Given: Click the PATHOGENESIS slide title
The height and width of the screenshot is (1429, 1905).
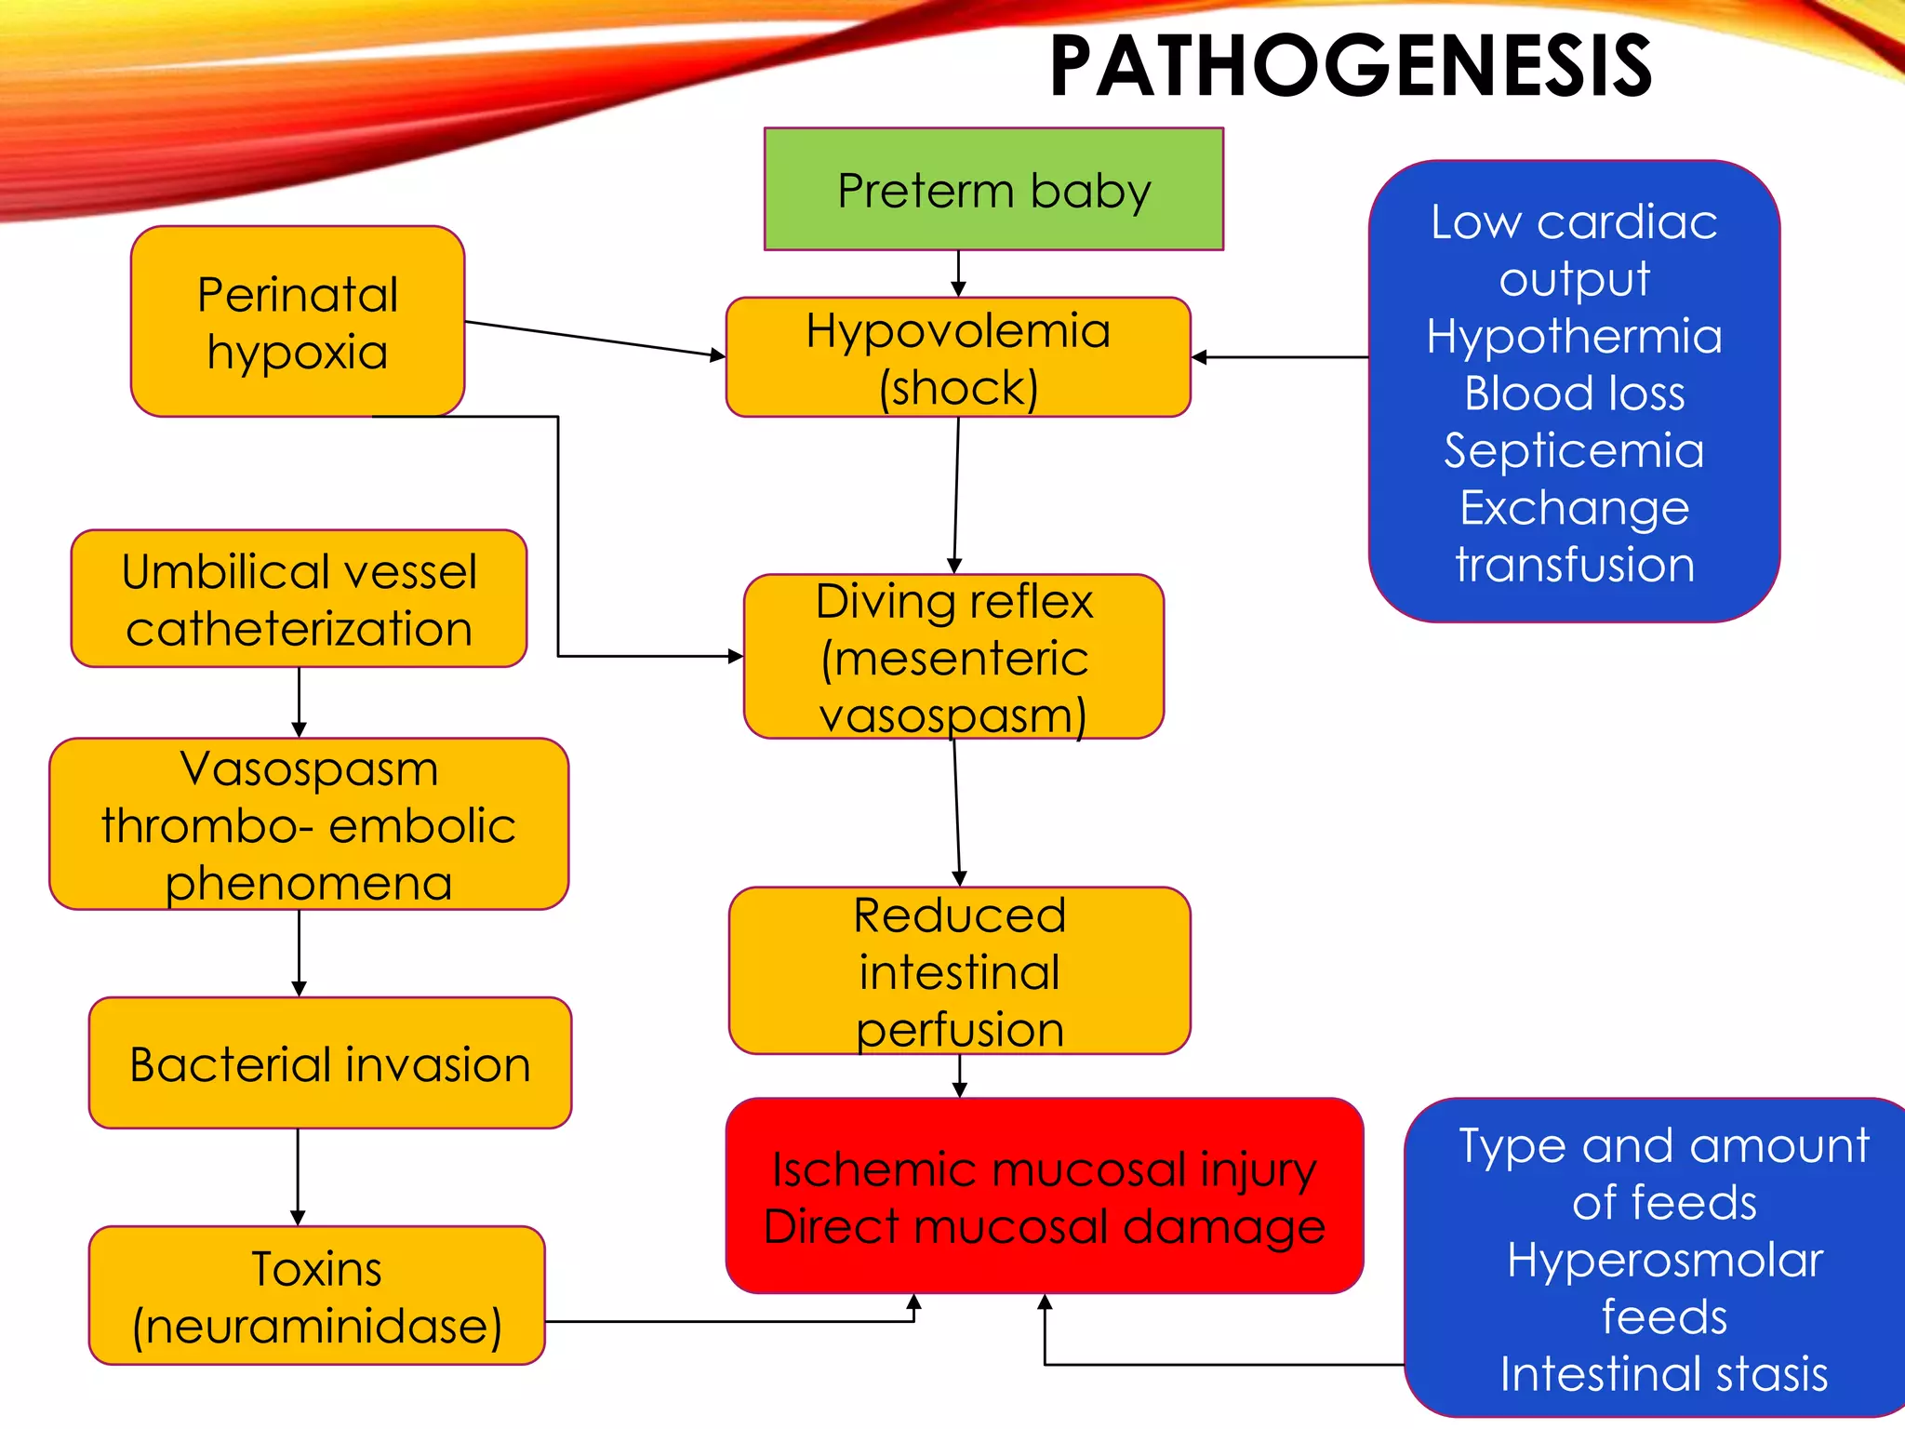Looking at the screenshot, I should (1351, 67).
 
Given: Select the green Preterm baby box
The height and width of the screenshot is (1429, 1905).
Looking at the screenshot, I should (993, 190).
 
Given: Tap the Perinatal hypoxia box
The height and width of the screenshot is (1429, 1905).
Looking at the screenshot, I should (298, 322).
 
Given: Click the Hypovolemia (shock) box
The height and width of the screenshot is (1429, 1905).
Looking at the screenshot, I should (958, 358).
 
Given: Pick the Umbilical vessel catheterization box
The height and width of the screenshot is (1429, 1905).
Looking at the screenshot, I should (299, 599).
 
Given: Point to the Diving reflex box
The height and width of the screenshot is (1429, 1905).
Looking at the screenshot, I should (953, 657).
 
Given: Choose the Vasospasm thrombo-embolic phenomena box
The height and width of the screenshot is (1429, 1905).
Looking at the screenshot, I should (308, 824).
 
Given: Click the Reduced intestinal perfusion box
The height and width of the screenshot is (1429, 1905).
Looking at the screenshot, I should (959, 971).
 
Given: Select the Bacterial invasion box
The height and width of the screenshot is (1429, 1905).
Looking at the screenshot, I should (329, 1063).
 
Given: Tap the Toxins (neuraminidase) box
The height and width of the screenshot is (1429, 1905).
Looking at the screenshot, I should (316, 1296).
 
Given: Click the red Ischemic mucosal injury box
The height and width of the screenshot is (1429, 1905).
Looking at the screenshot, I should (1044, 1196).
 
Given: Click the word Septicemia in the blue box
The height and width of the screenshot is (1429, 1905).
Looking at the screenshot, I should (1574, 451).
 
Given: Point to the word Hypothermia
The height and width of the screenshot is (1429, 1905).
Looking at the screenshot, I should (1574, 336).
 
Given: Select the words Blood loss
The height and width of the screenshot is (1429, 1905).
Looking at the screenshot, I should (1574, 394).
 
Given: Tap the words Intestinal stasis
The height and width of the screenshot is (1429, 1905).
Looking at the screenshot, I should (1663, 1374).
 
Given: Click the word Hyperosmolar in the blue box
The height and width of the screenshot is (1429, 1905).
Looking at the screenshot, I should (1664, 1261).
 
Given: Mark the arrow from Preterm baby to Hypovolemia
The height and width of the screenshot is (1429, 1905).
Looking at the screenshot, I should (958, 274).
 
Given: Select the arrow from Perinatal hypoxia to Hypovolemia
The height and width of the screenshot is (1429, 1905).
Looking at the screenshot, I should (595, 339).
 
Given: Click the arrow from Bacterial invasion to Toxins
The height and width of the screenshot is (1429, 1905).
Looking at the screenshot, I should (298, 1177).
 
